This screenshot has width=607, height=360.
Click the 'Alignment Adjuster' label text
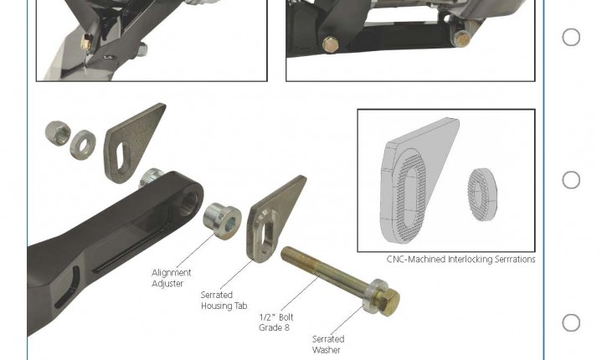(x=171, y=278)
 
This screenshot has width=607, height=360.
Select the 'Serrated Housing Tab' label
(x=224, y=301)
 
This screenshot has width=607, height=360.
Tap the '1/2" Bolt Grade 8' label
(x=276, y=322)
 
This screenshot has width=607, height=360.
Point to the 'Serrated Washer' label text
(x=328, y=345)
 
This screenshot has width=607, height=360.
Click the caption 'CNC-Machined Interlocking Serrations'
(x=461, y=259)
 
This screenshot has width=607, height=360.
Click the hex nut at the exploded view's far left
(x=58, y=133)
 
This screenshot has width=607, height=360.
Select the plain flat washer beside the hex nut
(x=83, y=144)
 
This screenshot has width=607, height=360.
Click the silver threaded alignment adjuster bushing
(x=222, y=221)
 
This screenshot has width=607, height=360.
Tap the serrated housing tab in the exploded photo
(x=273, y=219)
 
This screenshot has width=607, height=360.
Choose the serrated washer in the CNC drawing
(x=482, y=194)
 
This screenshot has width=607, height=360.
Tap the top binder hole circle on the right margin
(x=571, y=38)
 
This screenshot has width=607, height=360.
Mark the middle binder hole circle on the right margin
(x=571, y=180)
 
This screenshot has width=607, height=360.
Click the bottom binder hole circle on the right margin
(x=571, y=323)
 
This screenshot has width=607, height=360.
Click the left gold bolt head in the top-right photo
(x=330, y=44)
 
